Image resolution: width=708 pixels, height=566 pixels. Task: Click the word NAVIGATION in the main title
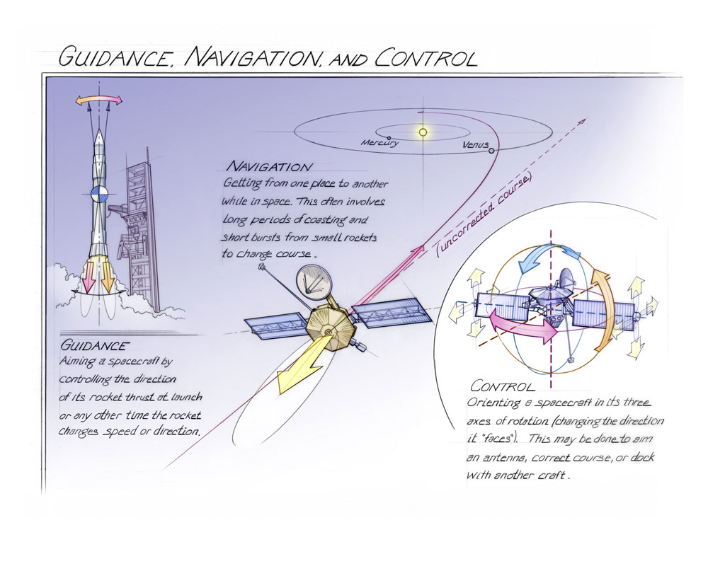point(252,57)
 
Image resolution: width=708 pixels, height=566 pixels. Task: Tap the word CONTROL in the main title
point(426,58)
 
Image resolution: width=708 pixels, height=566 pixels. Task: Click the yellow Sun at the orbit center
point(423,132)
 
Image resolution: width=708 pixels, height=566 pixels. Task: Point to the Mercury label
point(379,143)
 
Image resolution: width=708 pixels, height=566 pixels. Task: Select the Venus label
point(476,145)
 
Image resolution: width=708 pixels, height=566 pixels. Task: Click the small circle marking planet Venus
point(491,151)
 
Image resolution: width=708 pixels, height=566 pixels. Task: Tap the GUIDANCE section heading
point(94,346)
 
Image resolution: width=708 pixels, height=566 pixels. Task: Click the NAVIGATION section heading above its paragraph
point(269,166)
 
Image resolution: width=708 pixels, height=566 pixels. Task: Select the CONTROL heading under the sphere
point(502,386)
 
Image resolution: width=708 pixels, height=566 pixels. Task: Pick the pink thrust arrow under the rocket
point(88,277)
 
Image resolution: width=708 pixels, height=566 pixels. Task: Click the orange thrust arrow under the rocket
point(108,276)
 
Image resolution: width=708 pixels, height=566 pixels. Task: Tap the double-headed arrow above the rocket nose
point(99,100)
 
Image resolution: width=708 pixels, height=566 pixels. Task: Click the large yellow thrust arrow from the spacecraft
point(302,363)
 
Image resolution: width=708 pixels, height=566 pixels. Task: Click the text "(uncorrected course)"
point(484,215)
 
